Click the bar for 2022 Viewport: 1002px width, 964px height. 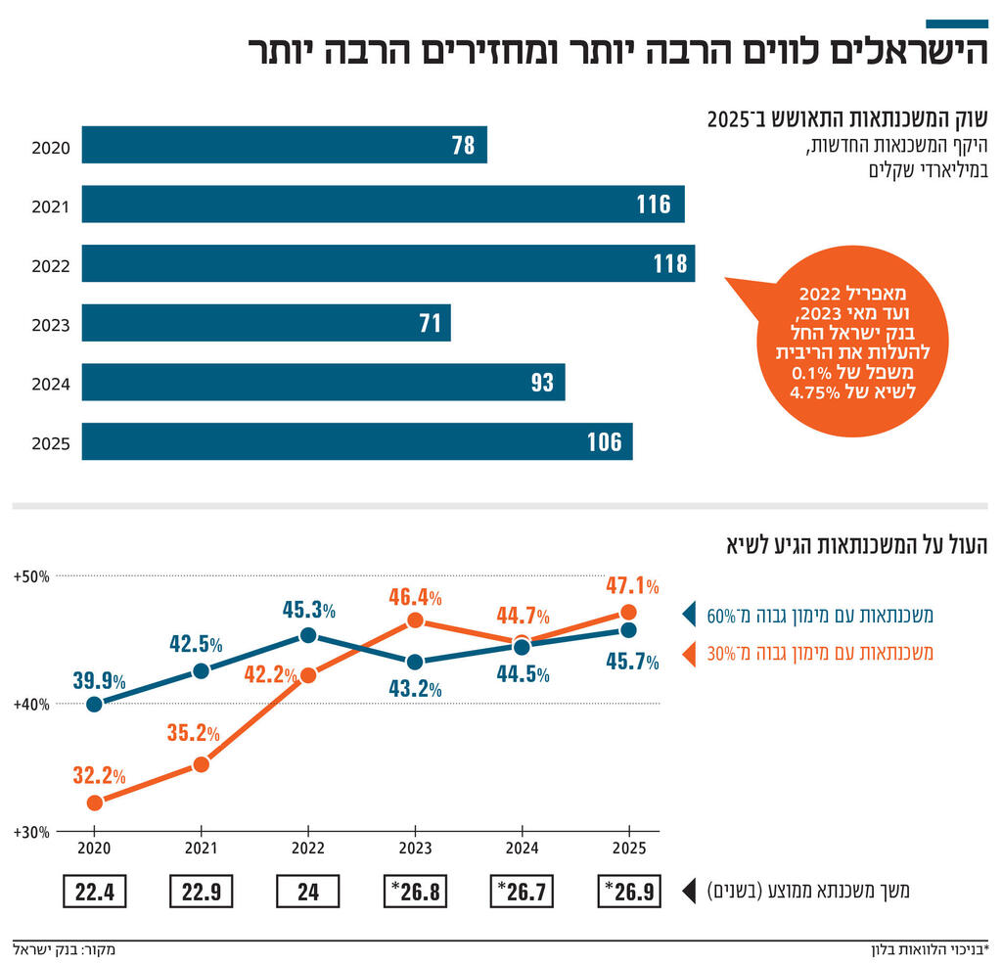387,263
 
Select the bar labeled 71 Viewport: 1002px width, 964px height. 265,323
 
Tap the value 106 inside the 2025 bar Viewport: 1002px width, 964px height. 604,441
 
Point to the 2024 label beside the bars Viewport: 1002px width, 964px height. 50,384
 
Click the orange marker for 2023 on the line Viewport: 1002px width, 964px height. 415,620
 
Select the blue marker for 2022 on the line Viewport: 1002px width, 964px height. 308,635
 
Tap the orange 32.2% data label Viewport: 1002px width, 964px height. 98,776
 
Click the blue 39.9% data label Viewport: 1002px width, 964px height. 98,680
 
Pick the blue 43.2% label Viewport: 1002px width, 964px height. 415,689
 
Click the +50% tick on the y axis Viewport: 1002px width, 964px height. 30,576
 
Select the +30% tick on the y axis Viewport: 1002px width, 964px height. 30,832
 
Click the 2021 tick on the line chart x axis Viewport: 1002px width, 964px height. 201,848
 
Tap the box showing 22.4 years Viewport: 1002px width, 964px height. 94,892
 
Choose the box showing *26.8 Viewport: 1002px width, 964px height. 415,892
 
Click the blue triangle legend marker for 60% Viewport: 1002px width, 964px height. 689,616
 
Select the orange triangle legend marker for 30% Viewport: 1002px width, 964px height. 689,652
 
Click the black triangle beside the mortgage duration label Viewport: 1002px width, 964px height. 689,892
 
